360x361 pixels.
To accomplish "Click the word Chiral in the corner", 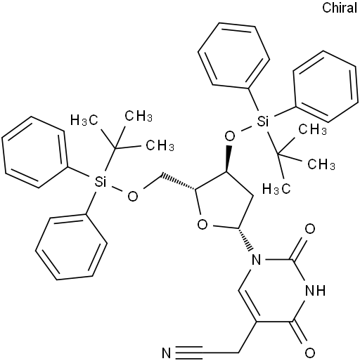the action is (340, 8).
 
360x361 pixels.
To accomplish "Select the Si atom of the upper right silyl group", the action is (262, 122).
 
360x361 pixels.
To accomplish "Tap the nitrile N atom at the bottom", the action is (167, 353).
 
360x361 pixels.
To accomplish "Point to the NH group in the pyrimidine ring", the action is (316, 291).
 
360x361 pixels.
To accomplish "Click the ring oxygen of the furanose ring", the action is (202, 225).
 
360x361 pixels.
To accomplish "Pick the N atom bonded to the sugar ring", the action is (256, 259).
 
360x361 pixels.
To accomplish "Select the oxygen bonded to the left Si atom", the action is (133, 196).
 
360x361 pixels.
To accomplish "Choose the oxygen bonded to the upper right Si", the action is (230, 136).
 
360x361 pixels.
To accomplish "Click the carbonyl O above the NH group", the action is (310, 228).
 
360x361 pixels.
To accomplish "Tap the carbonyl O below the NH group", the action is (310, 353).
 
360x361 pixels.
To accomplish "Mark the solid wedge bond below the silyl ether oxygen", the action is (228, 159).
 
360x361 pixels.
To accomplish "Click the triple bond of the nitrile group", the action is (188, 353).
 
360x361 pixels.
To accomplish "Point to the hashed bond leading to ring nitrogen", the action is (245, 239).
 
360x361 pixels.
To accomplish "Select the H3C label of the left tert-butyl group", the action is (84, 120).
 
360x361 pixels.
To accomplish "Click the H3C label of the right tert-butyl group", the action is (276, 188).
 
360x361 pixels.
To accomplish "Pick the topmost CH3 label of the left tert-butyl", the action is (139, 116).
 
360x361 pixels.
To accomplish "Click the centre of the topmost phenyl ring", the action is (233, 55).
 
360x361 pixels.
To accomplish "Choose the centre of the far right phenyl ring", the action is (326, 86).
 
